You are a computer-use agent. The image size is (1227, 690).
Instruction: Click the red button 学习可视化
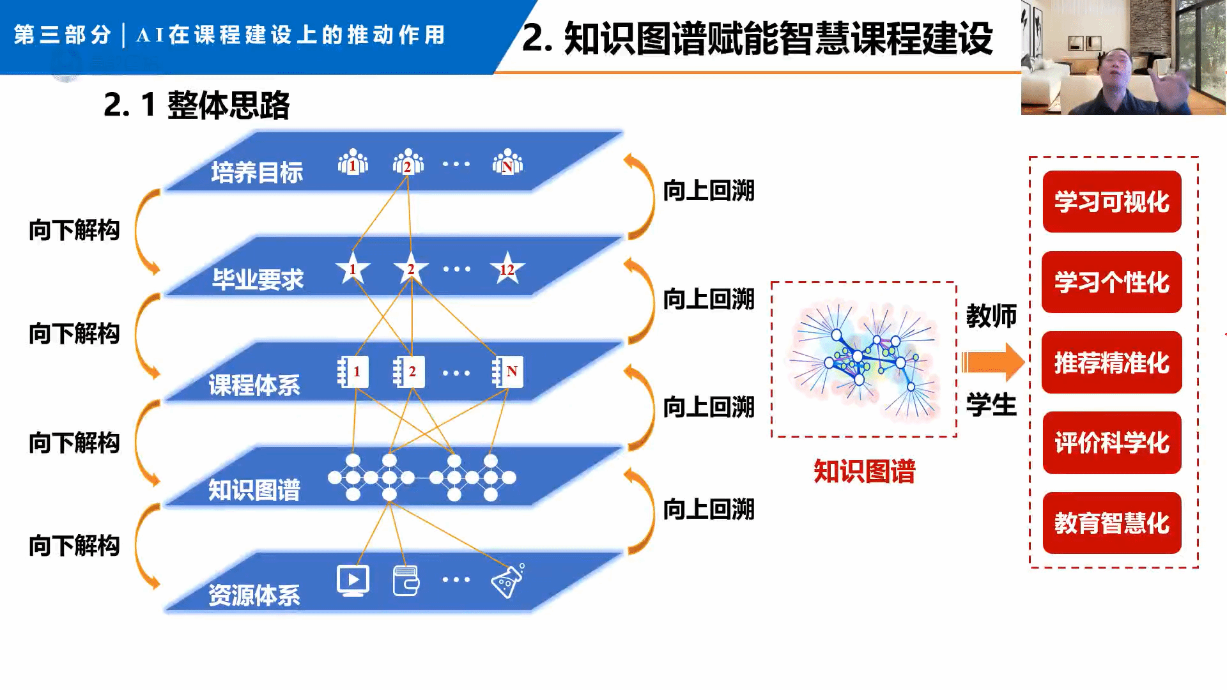coord(1111,202)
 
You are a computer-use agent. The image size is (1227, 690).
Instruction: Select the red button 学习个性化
coord(1111,282)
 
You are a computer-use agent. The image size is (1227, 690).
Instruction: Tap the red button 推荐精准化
coord(1111,362)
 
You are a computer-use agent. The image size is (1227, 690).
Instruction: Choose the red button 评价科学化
coord(1111,443)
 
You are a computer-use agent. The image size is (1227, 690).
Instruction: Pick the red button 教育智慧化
coord(1111,523)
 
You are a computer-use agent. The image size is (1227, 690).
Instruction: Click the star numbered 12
coord(507,269)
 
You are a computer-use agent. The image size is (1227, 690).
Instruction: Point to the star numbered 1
coord(353,269)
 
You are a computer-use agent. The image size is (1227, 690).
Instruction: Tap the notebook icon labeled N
coord(508,372)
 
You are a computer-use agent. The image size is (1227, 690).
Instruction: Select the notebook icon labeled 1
coord(353,372)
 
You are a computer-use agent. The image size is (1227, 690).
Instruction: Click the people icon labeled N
coord(507,162)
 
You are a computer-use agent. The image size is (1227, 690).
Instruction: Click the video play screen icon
coord(353,580)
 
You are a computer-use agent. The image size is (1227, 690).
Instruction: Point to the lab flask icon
coord(507,581)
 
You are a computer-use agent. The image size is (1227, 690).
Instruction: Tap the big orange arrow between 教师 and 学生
coord(993,362)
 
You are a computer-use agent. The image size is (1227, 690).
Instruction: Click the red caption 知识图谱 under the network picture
coord(864,472)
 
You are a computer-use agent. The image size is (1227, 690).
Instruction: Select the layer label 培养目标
coord(257,172)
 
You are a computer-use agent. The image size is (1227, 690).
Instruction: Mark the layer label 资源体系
coord(254,595)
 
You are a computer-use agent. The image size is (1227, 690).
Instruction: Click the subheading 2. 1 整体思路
coord(197,105)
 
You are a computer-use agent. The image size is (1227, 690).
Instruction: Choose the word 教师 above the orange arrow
coord(991,316)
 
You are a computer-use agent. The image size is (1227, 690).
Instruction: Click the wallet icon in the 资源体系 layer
coord(406,581)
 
